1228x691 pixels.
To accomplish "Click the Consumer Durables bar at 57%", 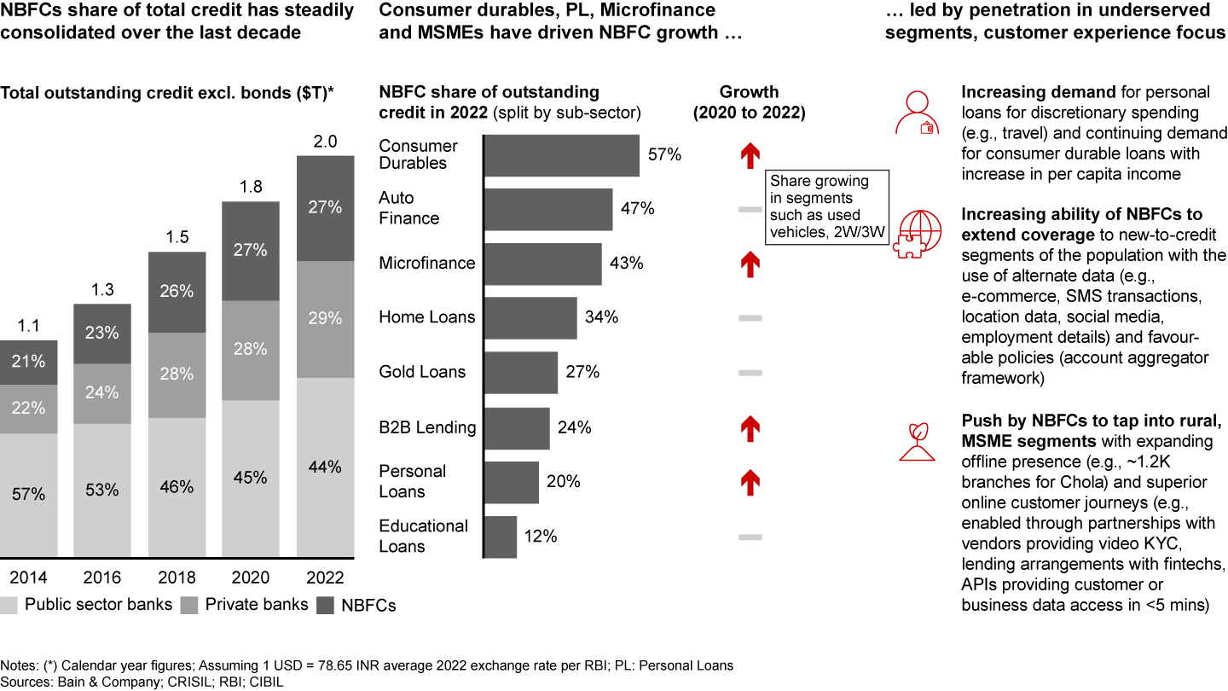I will pos(562,155).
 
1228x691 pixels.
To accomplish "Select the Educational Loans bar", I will pos(501,537).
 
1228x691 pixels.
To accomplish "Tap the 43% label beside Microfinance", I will pos(627,264).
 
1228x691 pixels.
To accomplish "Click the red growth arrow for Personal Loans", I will pos(750,482).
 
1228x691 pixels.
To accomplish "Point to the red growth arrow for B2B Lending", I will pos(750,427).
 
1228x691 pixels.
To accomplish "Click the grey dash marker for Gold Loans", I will pos(750,373).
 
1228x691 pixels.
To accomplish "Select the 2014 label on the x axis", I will pos(29,578).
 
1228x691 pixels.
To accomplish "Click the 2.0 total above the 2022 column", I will pos(324,142).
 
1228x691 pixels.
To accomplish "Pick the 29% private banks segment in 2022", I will pos(324,318).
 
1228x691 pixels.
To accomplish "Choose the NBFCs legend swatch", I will pos(326,606).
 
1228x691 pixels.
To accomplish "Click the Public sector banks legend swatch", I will pos(9,606).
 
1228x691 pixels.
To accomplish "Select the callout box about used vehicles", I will pos(827,207).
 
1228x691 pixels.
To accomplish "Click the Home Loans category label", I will pos(427,317).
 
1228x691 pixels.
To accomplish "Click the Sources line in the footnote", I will pos(142,682).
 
